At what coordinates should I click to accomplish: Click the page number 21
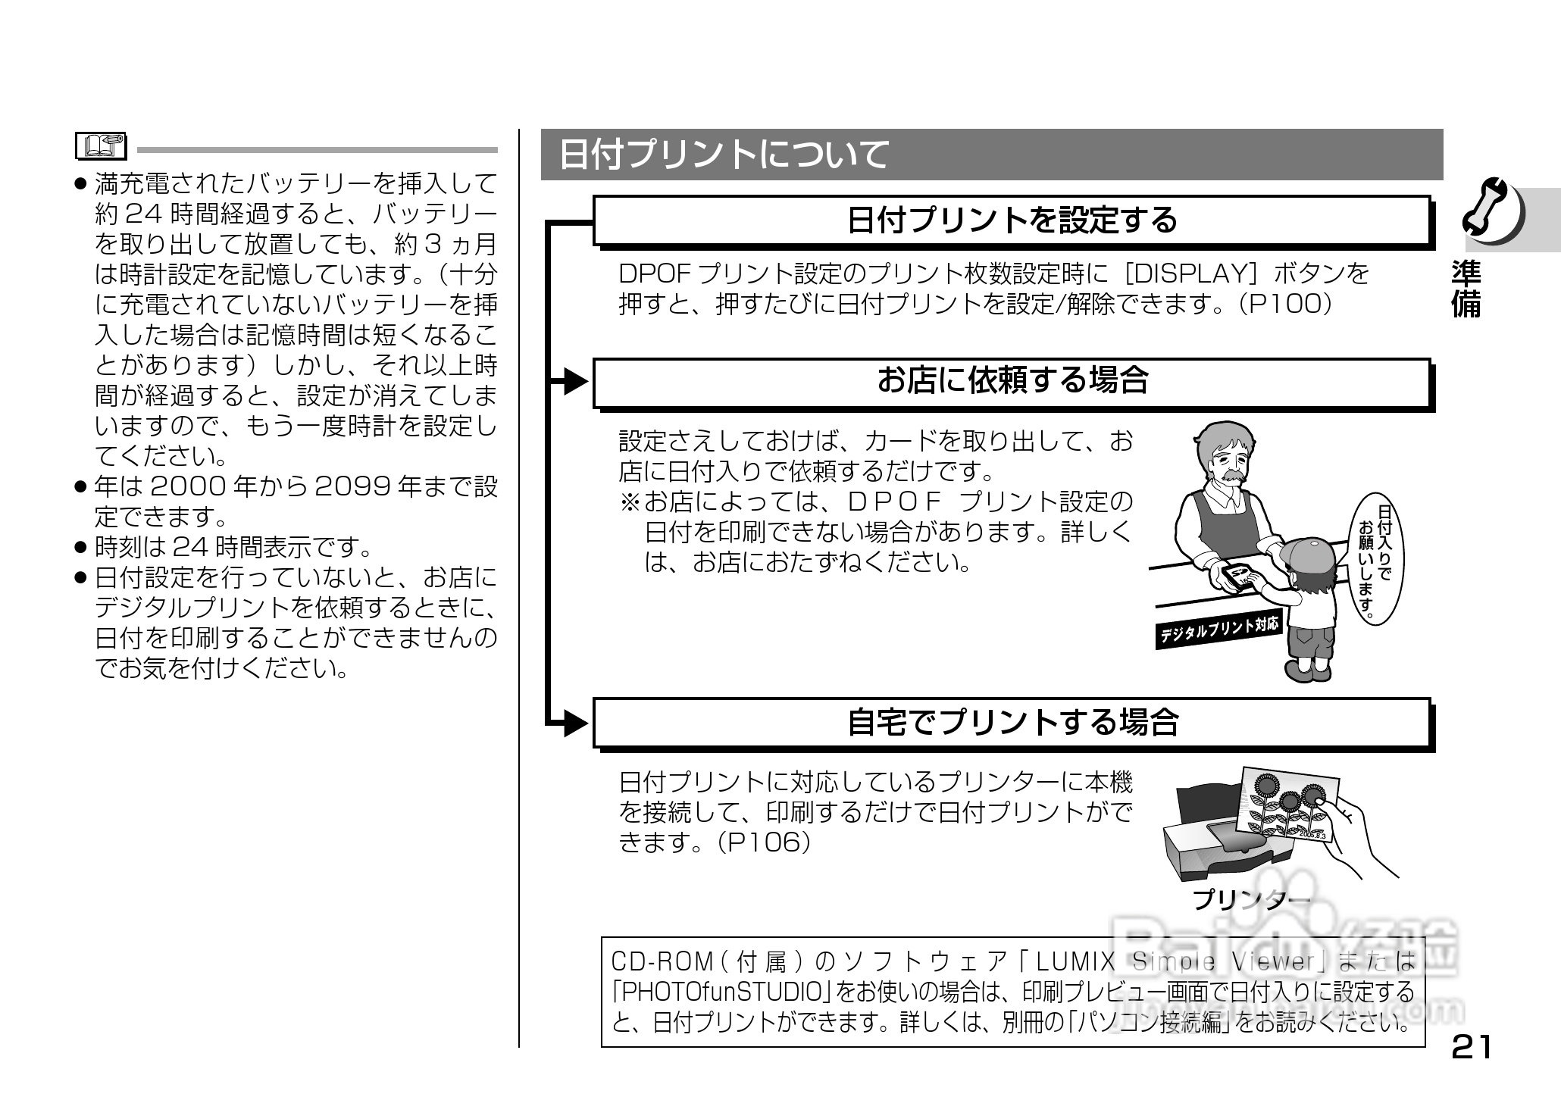tap(1471, 1047)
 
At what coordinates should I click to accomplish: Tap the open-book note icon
tap(102, 145)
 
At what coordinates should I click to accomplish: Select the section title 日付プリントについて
tap(724, 155)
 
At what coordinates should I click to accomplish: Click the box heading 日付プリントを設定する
tap(1012, 220)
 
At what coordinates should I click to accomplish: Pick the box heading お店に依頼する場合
tap(1012, 380)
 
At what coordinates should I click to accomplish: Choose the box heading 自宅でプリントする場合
tap(1012, 722)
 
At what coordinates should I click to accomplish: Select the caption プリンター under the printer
tap(1250, 899)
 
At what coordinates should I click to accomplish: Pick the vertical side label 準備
tap(1466, 289)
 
